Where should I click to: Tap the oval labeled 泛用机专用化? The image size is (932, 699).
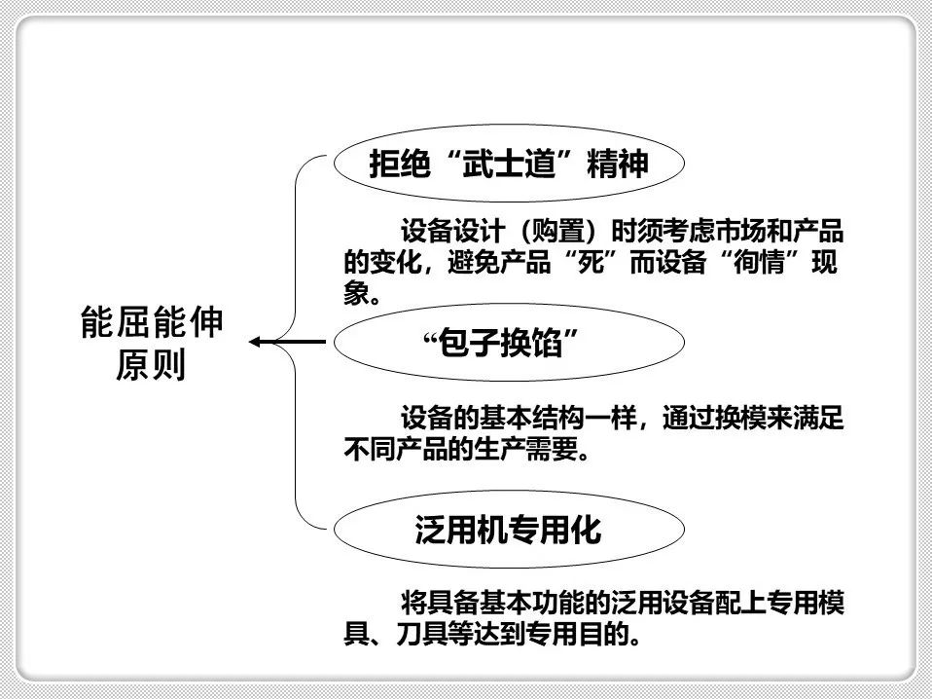507,532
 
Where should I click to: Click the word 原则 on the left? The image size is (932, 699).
151,366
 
